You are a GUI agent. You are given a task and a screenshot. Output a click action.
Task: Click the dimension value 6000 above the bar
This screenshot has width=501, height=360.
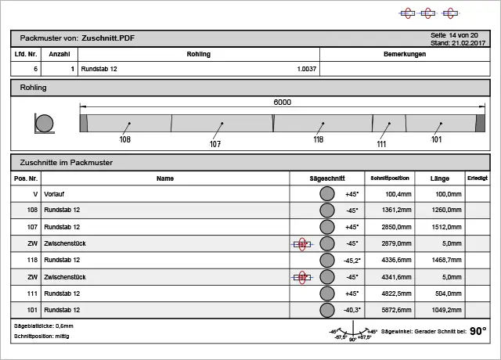point(282,103)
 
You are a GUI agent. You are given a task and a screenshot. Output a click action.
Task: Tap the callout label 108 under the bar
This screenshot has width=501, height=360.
point(124,139)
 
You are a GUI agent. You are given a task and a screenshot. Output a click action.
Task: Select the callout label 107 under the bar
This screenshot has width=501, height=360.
point(215,144)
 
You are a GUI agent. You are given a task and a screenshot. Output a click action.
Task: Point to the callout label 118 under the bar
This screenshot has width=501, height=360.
point(318,139)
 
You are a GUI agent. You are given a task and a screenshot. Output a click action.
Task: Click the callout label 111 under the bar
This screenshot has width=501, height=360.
point(381,144)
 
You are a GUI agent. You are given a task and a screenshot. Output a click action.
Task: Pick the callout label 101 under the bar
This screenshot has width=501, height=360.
point(436,139)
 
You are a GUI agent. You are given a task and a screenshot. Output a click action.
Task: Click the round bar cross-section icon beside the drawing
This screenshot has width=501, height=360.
point(45,124)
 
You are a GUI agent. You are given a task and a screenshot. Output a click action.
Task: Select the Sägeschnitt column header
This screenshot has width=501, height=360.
point(326,178)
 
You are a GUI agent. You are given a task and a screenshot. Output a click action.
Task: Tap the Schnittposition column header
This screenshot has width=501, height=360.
point(390,178)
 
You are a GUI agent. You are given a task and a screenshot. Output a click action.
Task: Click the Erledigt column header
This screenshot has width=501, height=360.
point(478,178)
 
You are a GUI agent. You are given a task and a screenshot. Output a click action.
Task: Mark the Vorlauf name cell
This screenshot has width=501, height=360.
point(54,193)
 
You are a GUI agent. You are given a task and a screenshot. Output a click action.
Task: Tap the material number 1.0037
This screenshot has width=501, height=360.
point(306,70)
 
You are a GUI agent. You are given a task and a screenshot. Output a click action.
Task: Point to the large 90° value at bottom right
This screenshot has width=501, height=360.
point(478,331)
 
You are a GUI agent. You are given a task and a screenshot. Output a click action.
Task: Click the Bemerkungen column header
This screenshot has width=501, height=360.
point(405,54)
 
